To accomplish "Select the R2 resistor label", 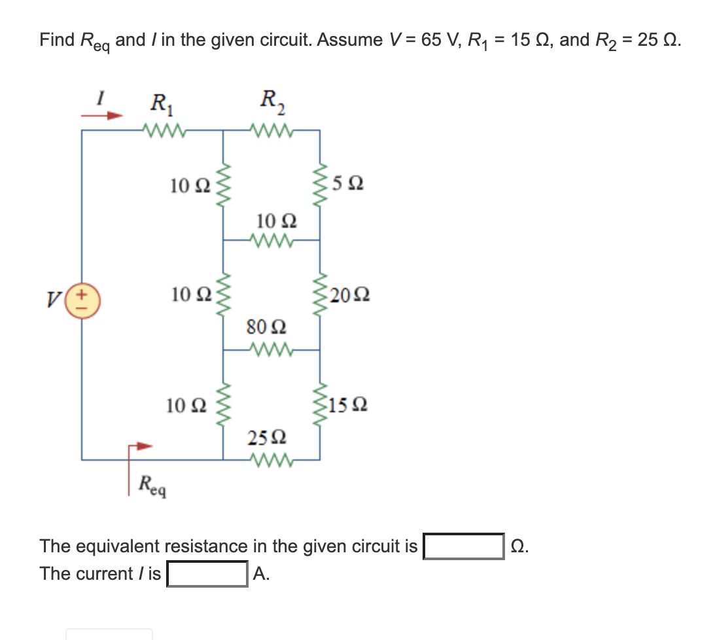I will point(270,101).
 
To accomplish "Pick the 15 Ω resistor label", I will point(349,406).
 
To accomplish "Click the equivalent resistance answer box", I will point(463,546).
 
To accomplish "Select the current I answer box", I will point(207,575).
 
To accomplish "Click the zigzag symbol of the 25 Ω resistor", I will point(270,459).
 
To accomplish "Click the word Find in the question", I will point(57,39).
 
